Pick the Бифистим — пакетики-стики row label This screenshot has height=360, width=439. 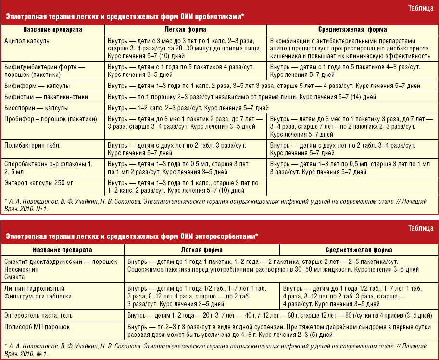point(46,97)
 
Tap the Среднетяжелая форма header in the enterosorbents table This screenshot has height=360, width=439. point(358,250)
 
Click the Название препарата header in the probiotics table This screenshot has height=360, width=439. point(52,30)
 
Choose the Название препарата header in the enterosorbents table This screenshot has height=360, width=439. point(63,250)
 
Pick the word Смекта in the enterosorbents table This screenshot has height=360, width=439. point(14,277)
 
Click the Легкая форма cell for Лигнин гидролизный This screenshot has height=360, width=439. point(201,296)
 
